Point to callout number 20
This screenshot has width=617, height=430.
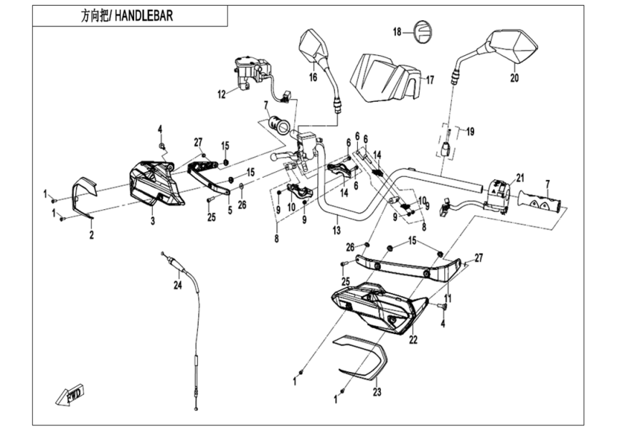pos(513,78)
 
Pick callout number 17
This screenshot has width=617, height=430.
pos(430,80)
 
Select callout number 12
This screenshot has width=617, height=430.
pos(222,93)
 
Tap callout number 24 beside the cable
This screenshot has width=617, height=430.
pos(177,286)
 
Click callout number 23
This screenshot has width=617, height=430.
pos(377,393)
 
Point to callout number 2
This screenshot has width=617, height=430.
pos(91,234)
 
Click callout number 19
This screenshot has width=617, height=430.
pos(470,132)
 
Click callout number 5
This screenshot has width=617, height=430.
pos(230,210)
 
